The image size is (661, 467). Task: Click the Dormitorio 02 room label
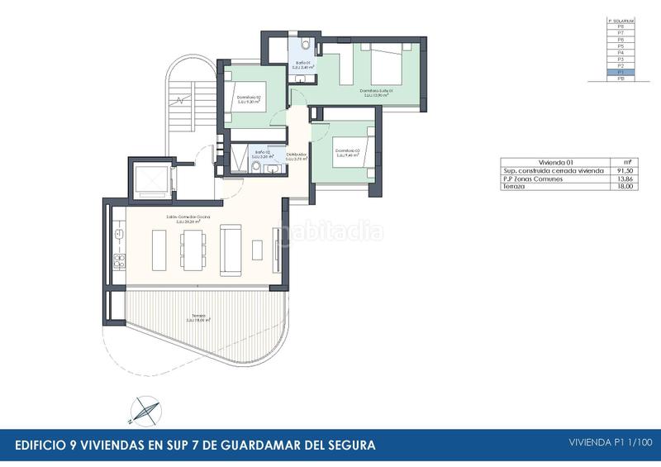(249, 98)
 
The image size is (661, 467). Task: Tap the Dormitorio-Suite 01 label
(375, 93)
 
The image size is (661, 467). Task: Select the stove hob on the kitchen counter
(118, 264)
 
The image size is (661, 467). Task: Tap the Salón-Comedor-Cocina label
(188, 217)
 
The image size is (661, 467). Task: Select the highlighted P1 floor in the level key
(620, 73)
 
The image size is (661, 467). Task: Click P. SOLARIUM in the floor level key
(620, 20)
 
